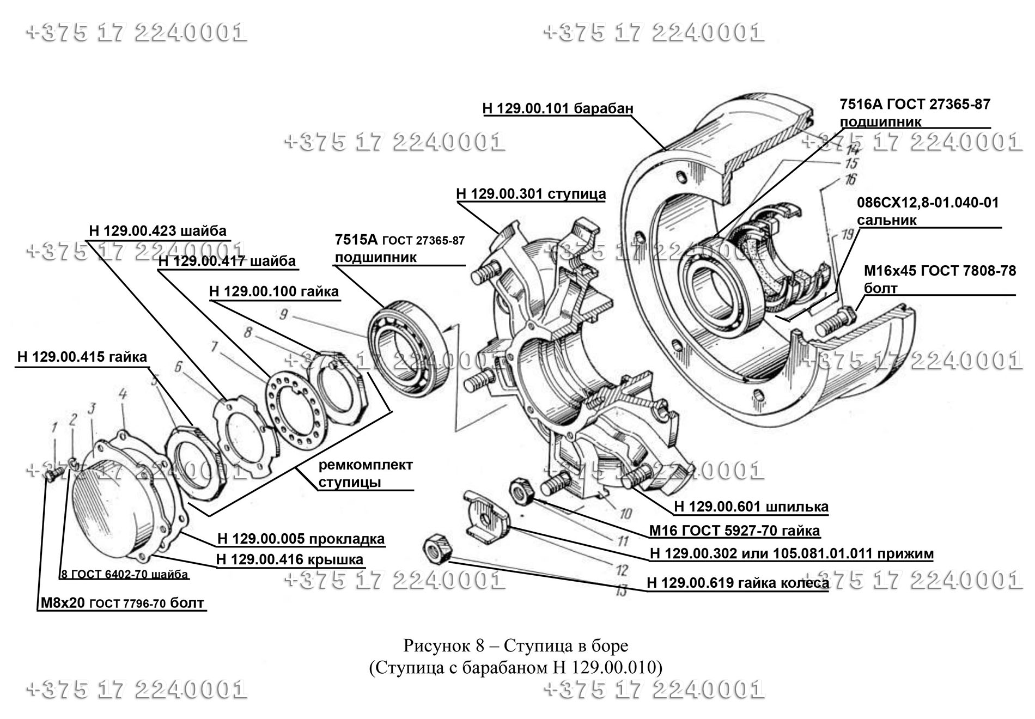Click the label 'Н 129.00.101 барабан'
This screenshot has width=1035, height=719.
[x=558, y=108]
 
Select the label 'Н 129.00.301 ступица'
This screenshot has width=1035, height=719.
[x=531, y=194]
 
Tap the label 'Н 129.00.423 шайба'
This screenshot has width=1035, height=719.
[x=157, y=231]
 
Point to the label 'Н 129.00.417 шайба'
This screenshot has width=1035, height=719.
[x=227, y=261]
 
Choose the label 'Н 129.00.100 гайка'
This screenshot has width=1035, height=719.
[x=274, y=291]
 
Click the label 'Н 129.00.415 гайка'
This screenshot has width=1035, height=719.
[x=82, y=357]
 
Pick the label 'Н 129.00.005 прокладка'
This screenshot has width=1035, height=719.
[x=301, y=539]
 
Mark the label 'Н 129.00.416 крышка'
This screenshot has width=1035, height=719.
[x=290, y=559]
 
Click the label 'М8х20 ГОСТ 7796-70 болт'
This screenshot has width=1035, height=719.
[x=123, y=603]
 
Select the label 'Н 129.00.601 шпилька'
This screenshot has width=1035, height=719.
[x=751, y=507]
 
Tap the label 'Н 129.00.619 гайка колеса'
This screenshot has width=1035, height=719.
[x=738, y=583]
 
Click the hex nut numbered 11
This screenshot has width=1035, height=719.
[x=521, y=491]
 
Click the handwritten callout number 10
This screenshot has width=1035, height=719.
[x=625, y=514]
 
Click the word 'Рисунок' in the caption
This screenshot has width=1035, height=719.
[x=436, y=646]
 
